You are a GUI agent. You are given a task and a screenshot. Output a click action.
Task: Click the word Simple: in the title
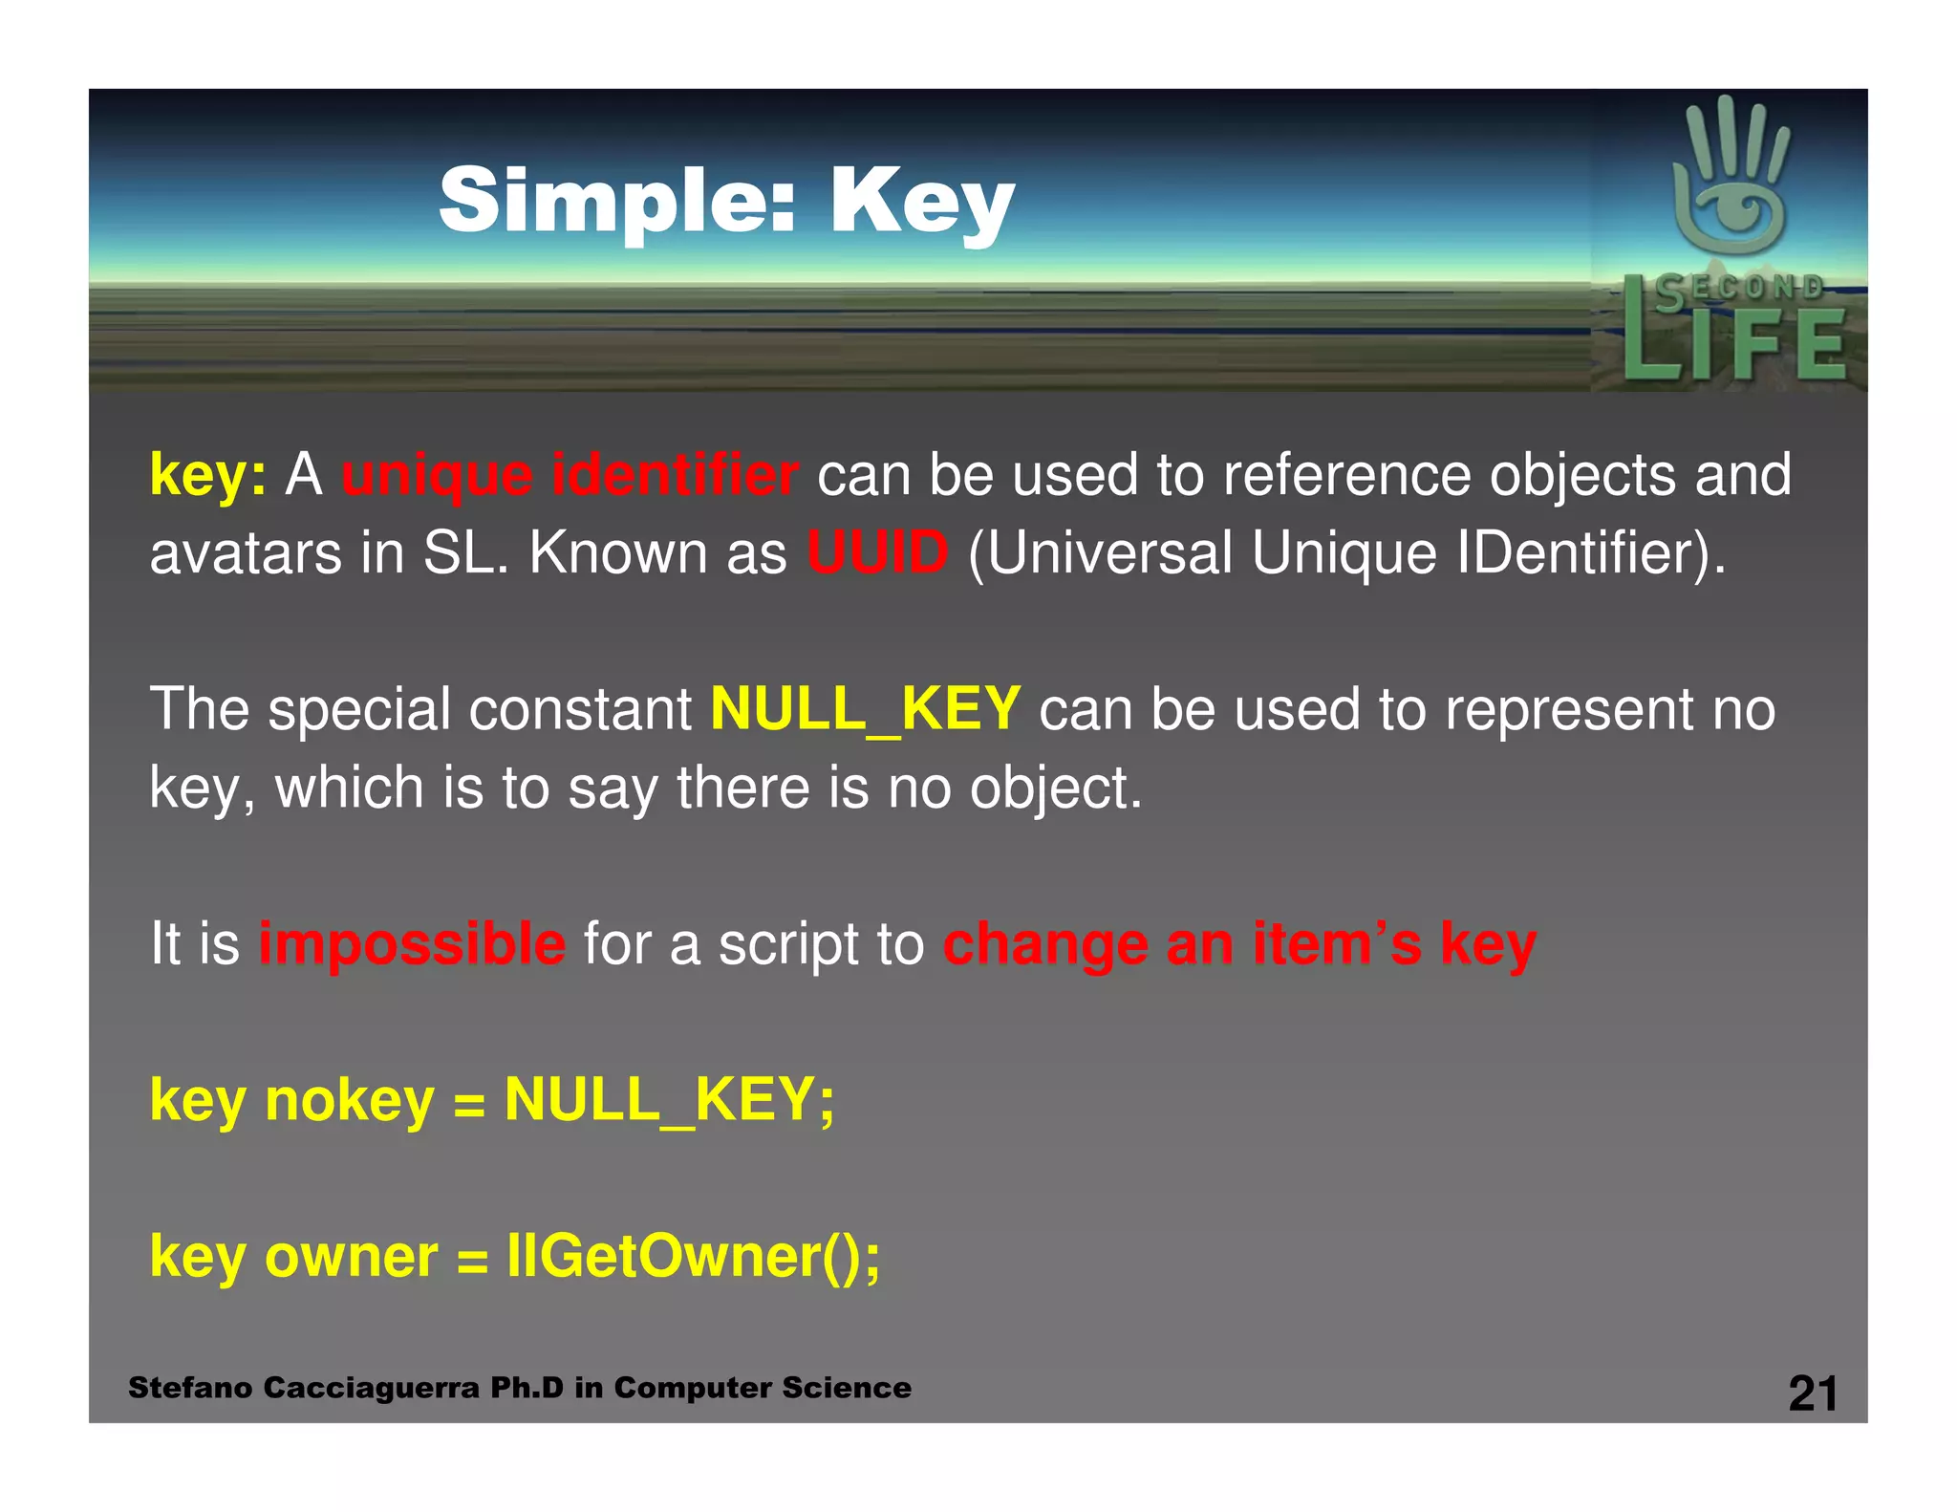pos(616,201)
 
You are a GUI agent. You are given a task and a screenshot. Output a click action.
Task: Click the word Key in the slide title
pos(921,203)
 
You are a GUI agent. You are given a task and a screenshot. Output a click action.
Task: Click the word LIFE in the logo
pos(1733,344)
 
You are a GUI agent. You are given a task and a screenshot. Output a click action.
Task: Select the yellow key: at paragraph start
pos(207,475)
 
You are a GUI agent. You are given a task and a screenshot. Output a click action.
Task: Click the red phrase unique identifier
pos(570,475)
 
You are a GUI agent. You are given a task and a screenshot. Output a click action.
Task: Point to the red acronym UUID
pos(877,552)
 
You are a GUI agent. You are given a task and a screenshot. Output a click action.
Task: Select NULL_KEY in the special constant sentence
pos(866,709)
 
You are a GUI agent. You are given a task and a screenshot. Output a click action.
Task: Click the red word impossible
pos(412,944)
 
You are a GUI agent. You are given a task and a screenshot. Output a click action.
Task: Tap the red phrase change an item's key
pos(1239,944)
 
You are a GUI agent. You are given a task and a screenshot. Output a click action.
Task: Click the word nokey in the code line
pos(350,1100)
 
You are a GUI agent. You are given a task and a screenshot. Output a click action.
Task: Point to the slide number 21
pos(1813,1393)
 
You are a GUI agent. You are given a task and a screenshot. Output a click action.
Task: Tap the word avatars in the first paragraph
pos(245,554)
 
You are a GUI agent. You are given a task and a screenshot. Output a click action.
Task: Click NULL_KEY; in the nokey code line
pos(669,1100)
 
